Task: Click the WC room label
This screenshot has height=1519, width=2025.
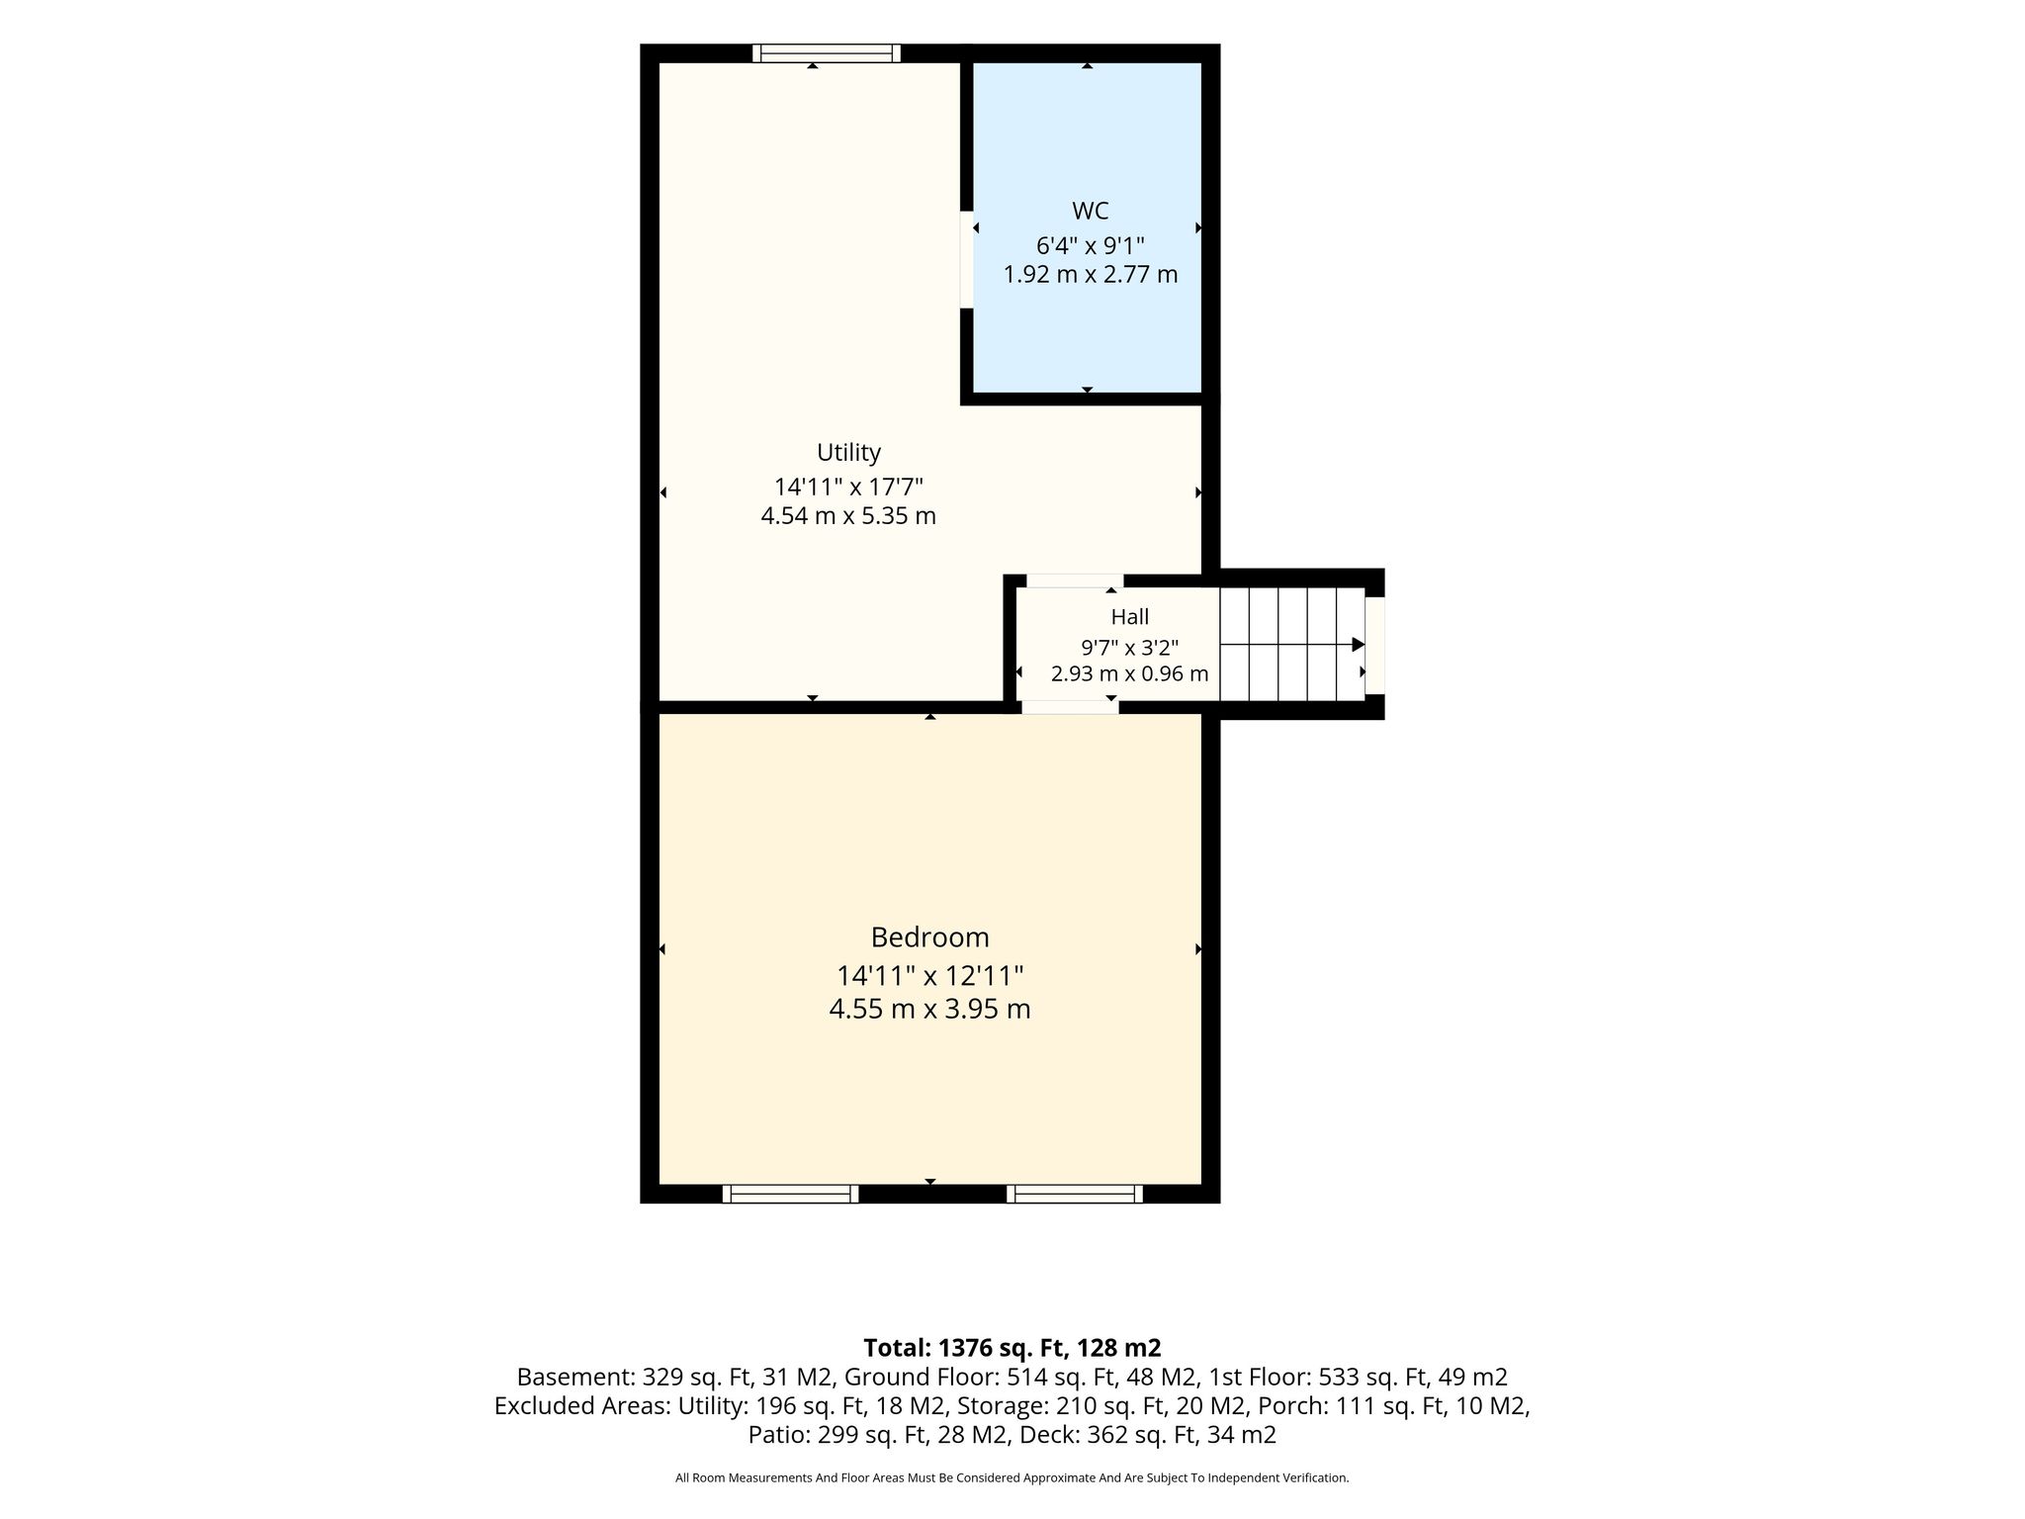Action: [x=1090, y=211]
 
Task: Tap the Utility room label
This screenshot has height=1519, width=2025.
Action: [x=848, y=453]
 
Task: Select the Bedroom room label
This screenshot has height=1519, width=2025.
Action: [x=929, y=938]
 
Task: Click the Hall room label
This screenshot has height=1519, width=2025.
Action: [x=1129, y=617]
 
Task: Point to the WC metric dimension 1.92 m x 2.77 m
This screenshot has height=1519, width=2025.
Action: [x=1091, y=274]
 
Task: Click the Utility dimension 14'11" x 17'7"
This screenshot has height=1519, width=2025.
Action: [x=848, y=487]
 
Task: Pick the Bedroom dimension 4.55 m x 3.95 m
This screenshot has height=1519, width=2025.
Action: [x=929, y=1010]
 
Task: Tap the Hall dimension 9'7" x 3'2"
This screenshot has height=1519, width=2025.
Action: [x=1129, y=648]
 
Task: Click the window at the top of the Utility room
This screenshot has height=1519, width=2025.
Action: [x=826, y=53]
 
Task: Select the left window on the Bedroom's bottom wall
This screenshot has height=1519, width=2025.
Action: [x=790, y=1194]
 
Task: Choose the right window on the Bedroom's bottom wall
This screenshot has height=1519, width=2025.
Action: [x=1075, y=1194]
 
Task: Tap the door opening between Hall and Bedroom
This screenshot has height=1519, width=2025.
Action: [x=1070, y=707]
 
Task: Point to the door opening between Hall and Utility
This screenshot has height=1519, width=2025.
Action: [x=1075, y=581]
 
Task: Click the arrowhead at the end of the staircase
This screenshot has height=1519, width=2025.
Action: [x=1359, y=644]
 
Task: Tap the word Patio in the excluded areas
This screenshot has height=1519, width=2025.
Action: [x=777, y=1434]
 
